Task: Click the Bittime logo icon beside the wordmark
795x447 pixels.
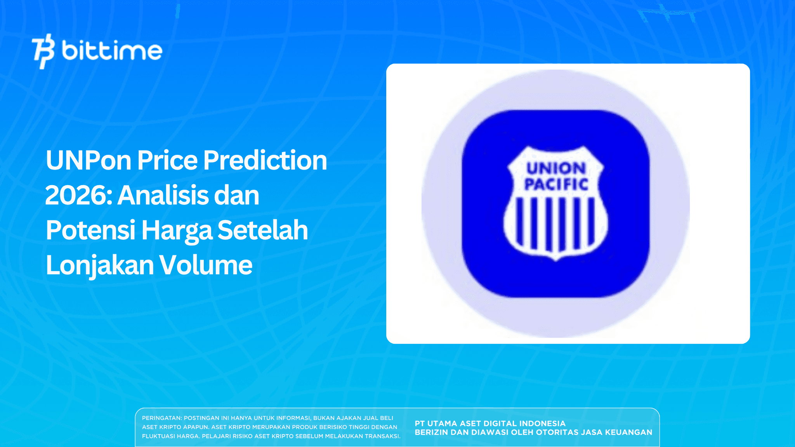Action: pyautogui.click(x=43, y=51)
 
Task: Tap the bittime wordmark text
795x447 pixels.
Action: pyautogui.click(x=112, y=51)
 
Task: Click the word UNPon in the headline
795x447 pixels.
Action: pyautogui.click(x=89, y=160)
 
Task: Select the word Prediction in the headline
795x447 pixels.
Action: pyautogui.click(x=265, y=160)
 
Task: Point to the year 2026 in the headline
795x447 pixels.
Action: pyautogui.click(x=78, y=195)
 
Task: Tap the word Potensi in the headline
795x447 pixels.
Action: pyautogui.click(x=90, y=230)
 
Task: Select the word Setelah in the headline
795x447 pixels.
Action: pyautogui.click(x=262, y=230)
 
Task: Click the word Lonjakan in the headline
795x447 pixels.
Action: pyautogui.click(x=100, y=265)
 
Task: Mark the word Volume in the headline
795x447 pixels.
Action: pyautogui.click(x=206, y=265)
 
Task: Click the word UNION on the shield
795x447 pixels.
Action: pyautogui.click(x=556, y=168)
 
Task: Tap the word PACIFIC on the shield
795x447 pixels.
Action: pyautogui.click(x=556, y=184)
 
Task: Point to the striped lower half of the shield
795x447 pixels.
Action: pyautogui.click(x=555, y=225)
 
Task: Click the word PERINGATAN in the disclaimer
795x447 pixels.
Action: pyautogui.click(x=161, y=418)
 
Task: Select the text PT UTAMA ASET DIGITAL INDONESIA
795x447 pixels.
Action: pyautogui.click(x=490, y=423)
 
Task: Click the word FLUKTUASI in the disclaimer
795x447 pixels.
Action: pyautogui.click(x=158, y=436)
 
